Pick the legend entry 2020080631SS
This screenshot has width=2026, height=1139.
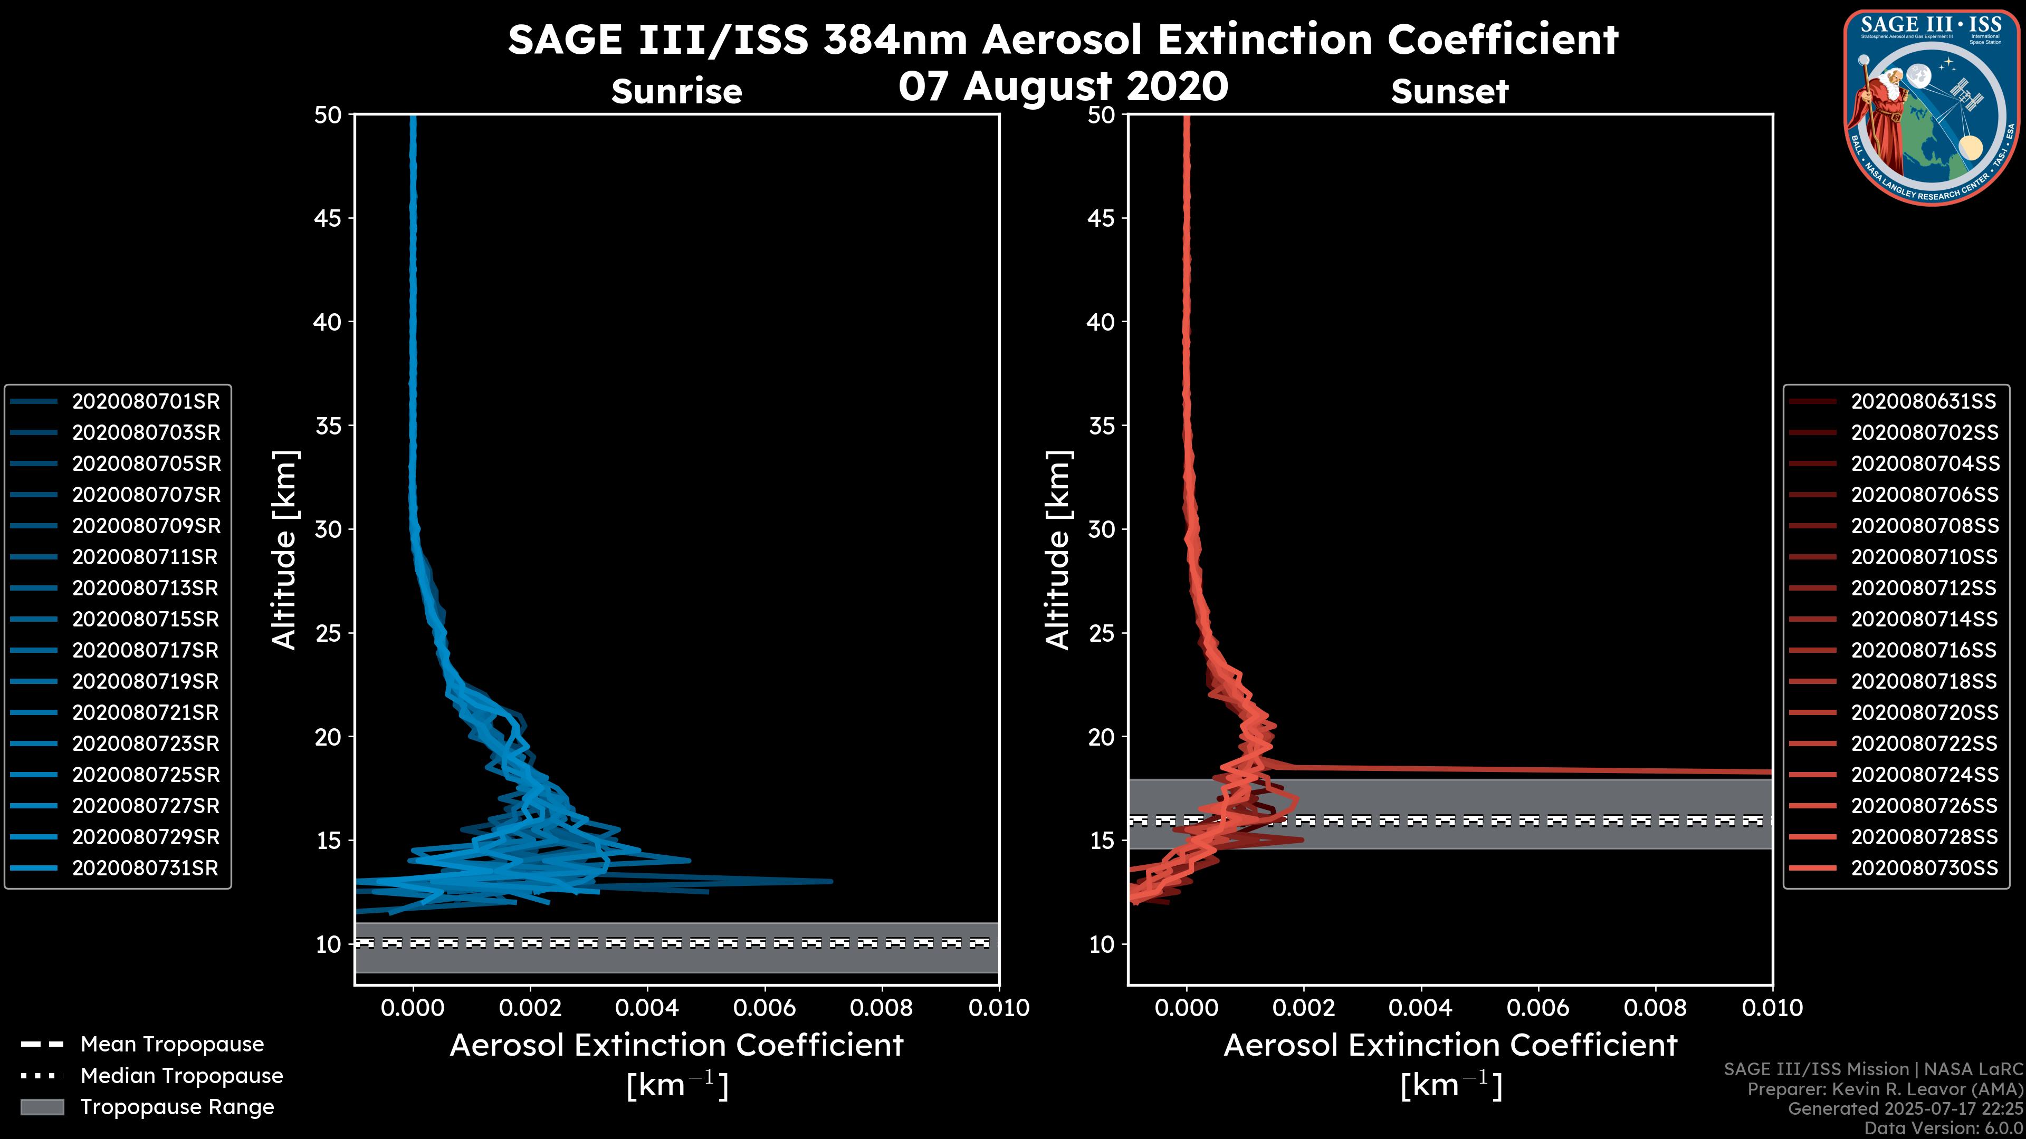point(1923,402)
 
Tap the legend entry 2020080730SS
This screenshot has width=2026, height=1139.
point(1924,868)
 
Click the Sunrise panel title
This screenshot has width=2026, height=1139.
point(676,92)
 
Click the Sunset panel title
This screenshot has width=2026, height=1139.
point(1449,92)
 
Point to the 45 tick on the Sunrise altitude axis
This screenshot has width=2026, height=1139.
point(329,218)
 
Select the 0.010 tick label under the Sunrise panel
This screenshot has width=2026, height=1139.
point(998,1008)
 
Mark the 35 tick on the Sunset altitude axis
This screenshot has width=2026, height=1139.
point(1102,426)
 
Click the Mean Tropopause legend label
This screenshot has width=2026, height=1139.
point(172,1045)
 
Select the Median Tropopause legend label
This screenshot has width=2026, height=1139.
point(181,1076)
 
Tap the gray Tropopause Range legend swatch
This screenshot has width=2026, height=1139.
point(42,1107)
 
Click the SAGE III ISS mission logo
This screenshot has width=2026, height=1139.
point(1931,108)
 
